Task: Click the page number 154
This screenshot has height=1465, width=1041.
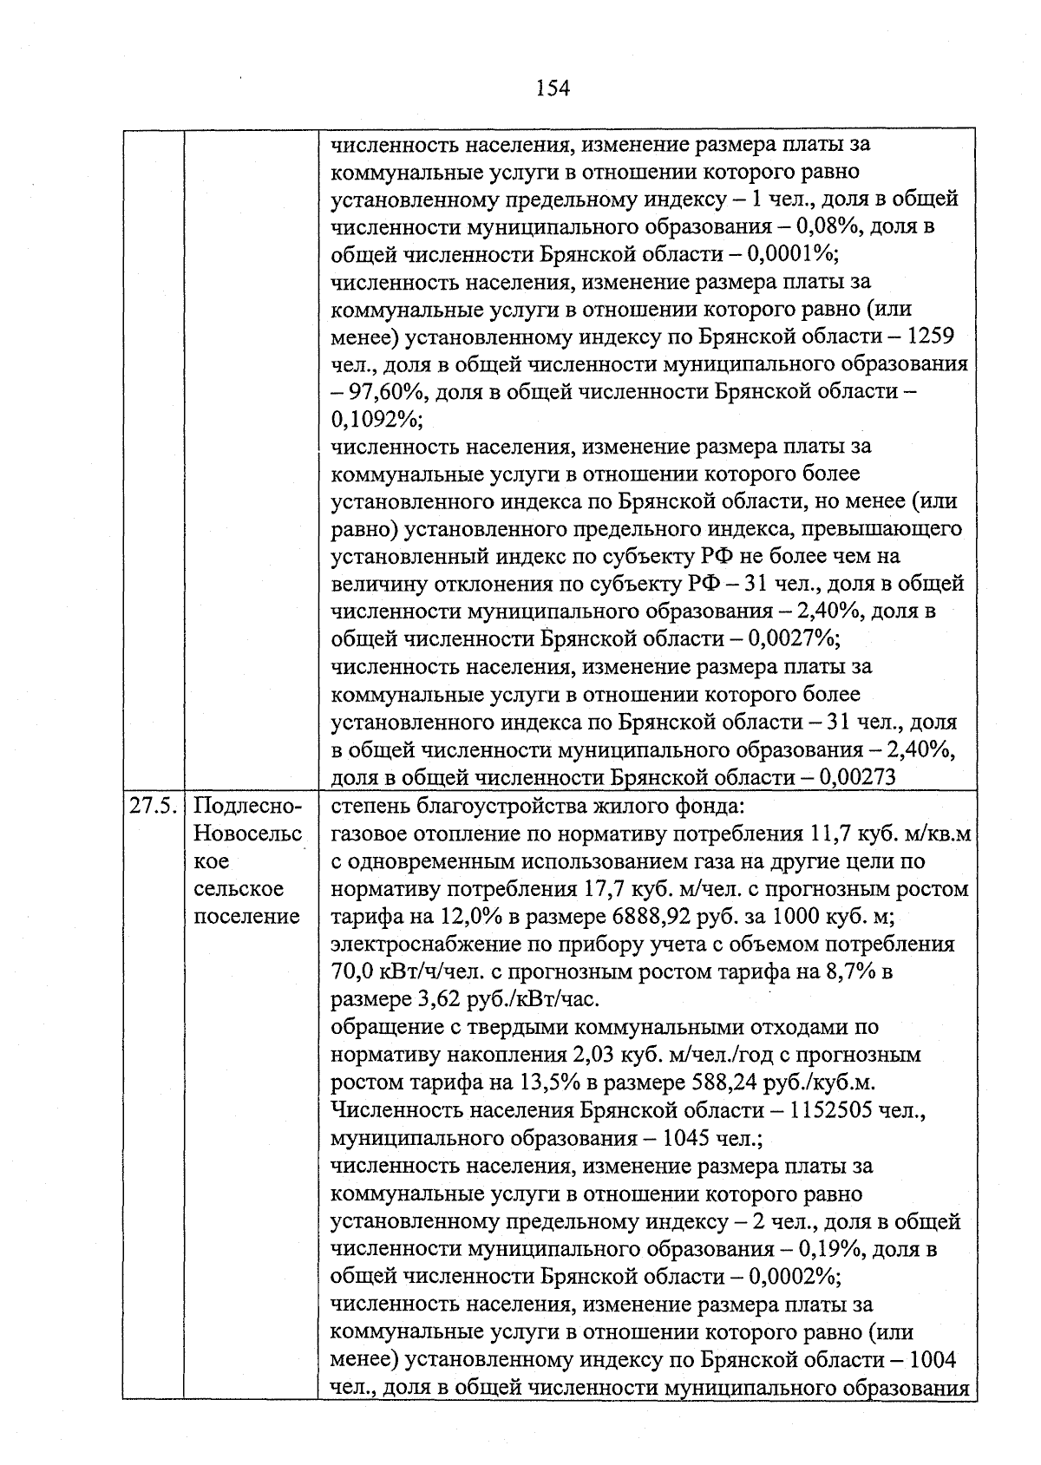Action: [x=553, y=88]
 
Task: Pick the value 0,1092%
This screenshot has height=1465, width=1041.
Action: [x=374, y=420]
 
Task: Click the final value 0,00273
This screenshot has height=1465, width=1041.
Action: [x=853, y=777]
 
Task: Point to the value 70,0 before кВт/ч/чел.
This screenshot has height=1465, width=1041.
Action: [x=352, y=972]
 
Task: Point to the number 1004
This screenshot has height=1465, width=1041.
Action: [x=930, y=1359]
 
